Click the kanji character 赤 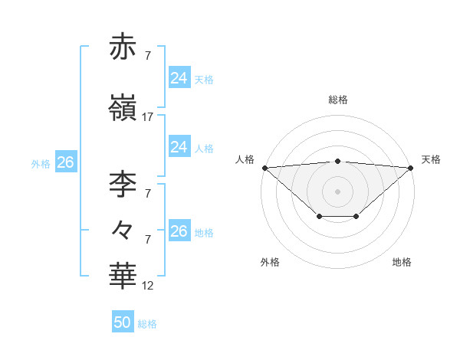pos(123,47)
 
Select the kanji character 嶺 pos(123,108)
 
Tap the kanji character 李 pos(123,183)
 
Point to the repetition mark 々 pos(123,229)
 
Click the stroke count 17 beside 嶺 pos(148,117)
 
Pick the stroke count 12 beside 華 pos(148,286)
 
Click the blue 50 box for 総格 pos(123,322)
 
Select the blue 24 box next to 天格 pos(179,78)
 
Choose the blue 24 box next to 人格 pos(179,147)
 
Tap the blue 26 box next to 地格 pos(179,231)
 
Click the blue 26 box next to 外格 pos(65,162)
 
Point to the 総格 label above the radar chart pos(338,100)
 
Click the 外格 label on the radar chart pos(270,262)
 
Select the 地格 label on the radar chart pos(402,262)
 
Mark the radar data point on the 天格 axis pos(412,168)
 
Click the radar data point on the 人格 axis pos(264,168)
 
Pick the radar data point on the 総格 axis pos(338,161)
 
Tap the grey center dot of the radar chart pos(338,191)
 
